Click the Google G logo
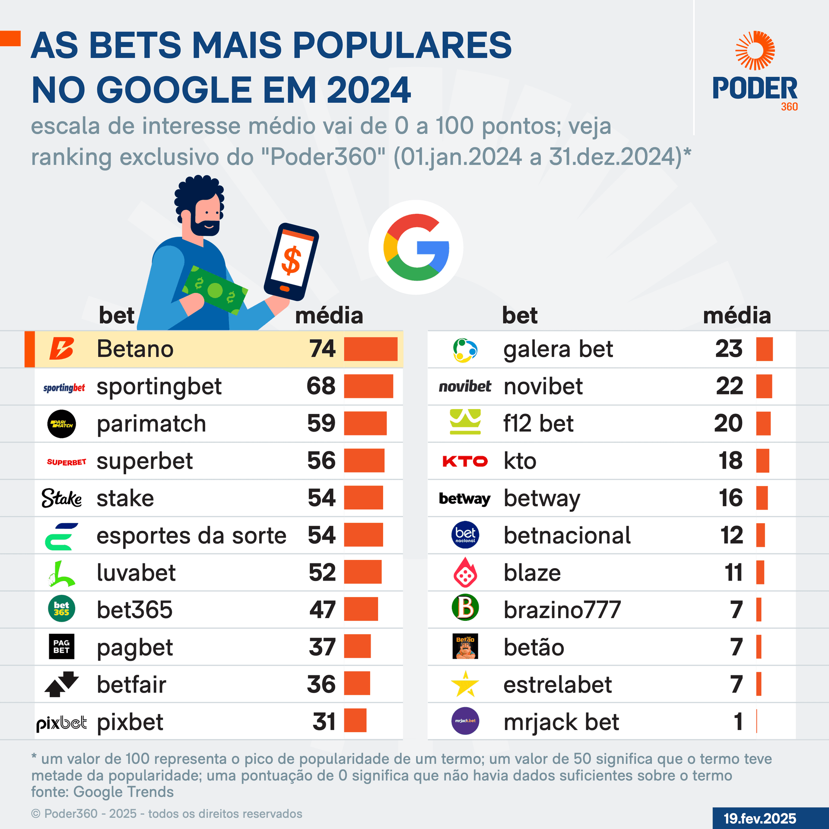(x=416, y=247)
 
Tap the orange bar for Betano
(x=371, y=349)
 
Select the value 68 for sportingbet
(x=321, y=386)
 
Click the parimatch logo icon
(x=61, y=424)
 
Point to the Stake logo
(x=62, y=498)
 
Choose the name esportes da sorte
(x=191, y=536)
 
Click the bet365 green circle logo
(x=61, y=609)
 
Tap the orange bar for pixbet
(x=355, y=721)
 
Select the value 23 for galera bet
(x=729, y=349)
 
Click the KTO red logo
(x=465, y=461)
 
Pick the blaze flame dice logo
(x=465, y=572)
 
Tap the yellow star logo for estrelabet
(x=465, y=684)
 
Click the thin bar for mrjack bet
(x=757, y=721)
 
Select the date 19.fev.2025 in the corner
(x=760, y=818)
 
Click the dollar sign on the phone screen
(x=291, y=260)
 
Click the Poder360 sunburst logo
(x=755, y=51)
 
